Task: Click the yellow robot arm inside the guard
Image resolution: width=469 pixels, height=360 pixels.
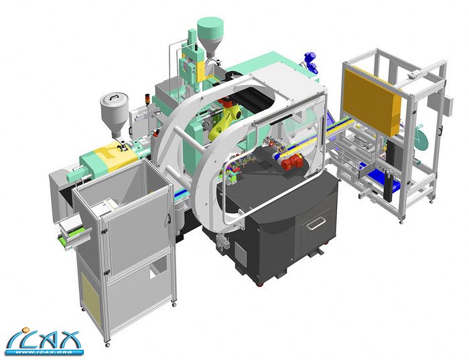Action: tap(226, 121)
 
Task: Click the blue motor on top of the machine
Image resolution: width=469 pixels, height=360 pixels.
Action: tap(310, 58)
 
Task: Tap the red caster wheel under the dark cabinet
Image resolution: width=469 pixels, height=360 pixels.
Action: tap(258, 284)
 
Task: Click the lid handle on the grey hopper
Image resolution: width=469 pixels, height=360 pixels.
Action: tap(115, 97)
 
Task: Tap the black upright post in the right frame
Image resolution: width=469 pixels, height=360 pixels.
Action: tap(389, 187)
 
